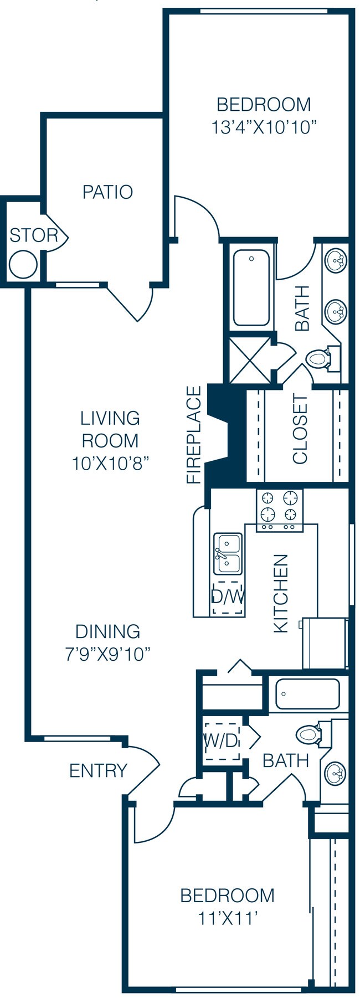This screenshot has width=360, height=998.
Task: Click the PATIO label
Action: pos(107,192)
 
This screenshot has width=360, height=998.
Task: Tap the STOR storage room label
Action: pos(33,235)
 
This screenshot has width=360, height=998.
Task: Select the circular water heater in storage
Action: pos(24,264)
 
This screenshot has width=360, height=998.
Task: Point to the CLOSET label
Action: pos(300,429)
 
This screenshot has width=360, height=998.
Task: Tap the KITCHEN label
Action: pos(281,593)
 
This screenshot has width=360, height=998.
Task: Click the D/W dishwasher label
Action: pos(228,597)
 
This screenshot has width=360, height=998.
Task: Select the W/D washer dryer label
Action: pos(221,740)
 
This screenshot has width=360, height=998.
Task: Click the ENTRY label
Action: pos(98,770)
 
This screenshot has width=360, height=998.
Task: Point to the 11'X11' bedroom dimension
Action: pos(228,919)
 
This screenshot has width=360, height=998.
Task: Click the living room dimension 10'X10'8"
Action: pos(111,463)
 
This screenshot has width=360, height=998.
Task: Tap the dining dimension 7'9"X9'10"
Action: pos(108,654)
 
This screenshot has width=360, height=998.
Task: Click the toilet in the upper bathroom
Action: pos(318,358)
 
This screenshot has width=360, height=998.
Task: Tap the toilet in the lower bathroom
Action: pos(308,734)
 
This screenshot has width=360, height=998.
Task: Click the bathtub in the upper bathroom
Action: pos(251,288)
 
